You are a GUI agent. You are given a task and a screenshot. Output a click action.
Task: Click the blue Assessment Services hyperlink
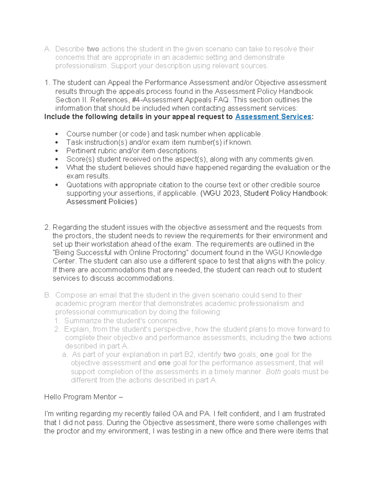[x=273, y=117]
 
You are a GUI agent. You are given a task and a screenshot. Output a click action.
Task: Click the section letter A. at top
[x=47, y=49]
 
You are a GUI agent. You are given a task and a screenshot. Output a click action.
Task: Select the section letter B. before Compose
[x=47, y=295]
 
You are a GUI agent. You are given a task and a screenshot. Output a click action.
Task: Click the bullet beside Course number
[x=57, y=134]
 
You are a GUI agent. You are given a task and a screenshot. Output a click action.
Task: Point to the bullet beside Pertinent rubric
[x=57, y=151]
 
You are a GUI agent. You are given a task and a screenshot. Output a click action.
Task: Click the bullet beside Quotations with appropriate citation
[x=57, y=185]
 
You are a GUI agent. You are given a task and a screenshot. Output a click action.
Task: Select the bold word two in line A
[x=93, y=49]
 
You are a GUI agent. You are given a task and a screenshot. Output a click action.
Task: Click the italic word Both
[x=273, y=372]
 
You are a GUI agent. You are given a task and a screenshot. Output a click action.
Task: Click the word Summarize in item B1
[x=83, y=321]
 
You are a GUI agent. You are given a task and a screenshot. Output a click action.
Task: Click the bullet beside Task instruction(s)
[x=57, y=143]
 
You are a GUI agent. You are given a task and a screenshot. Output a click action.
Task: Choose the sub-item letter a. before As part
[x=65, y=355]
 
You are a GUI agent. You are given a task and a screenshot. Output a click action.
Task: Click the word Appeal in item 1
[x=119, y=82]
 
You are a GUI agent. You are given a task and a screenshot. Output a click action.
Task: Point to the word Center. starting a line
[x=64, y=261]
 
